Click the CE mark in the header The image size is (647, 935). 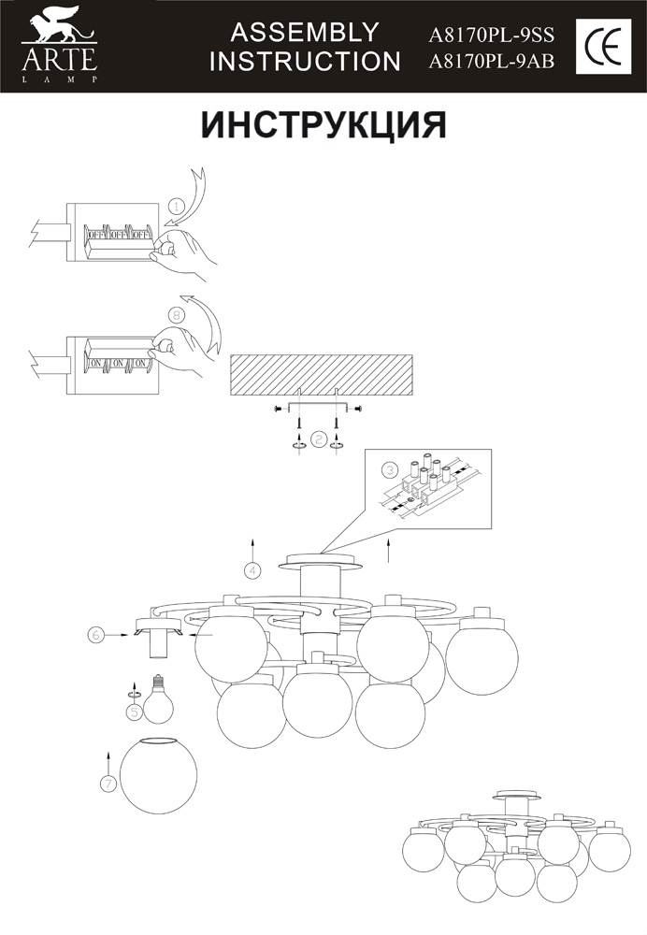(x=603, y=46)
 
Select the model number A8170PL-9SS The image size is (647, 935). (x=492, y=36)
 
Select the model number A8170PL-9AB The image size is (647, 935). (x=492, y=62)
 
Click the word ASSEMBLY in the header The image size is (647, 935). (x=305, y=32)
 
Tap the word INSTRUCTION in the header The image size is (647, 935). (x=305, y=62)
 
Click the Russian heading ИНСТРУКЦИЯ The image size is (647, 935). (x=323, y=125)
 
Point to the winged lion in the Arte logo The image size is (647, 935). (x=59, y=25)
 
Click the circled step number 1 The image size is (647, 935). (x=176, y=207)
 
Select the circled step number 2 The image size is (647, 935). (x=319, y=440)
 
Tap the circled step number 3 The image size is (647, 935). (x=389, y=470)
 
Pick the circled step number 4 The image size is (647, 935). (x=252, y=570)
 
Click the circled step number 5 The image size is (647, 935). (x=135, y=712)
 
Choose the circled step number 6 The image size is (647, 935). (x=96, y=635)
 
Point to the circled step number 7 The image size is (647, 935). (x=108, y=784)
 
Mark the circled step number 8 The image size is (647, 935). (x=176, y=312)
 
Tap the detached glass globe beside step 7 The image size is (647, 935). (x=158, y=775)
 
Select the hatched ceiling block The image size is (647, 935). (x=321, y=375)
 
